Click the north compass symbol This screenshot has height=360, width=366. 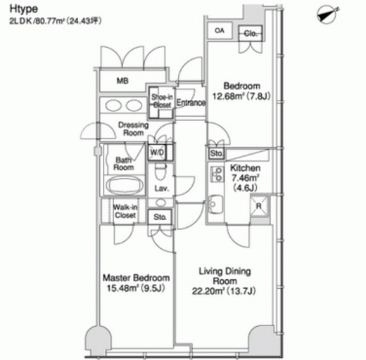(327, 15)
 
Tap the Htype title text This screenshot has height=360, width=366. (23, 9)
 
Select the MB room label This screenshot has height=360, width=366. (122, 81)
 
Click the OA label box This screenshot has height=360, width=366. (220, 31)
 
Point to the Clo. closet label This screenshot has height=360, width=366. (251, 34)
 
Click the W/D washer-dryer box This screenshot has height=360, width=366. (158, 152)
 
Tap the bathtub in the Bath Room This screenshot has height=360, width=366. (125, 185)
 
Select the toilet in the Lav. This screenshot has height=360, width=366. (160, 171)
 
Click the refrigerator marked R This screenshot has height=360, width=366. (259, 206)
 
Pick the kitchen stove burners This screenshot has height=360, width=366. (217, 174)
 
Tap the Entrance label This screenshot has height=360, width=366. (191, 103)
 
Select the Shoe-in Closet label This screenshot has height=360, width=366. (162, 101)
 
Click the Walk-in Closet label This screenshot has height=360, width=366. (125, 211)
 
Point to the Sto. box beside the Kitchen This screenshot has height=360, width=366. (216, 153)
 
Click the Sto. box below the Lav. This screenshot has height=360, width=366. (160, 217)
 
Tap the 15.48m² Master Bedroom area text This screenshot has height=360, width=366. (135, 288)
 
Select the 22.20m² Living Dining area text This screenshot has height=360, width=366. (224, 291)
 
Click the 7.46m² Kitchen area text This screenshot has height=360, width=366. (246, 178)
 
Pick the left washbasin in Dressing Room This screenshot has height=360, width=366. (113, 105)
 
